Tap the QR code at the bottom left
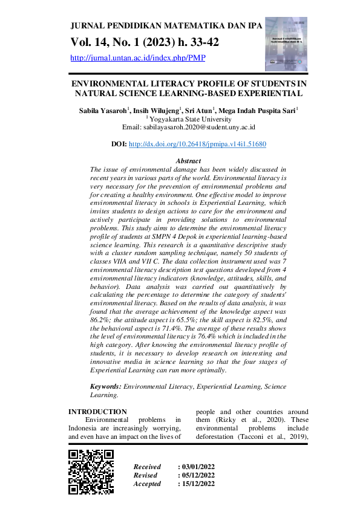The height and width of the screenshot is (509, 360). tap(91, 472)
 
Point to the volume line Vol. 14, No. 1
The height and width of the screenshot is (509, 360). tap(145, 42)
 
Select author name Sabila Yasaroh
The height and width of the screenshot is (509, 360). tap(100, 111)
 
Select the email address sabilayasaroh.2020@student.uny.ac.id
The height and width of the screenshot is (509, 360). tap(189, 128)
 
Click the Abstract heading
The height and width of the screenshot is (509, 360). tap(188, 161)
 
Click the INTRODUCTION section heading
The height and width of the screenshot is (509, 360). tap(97, 412)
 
